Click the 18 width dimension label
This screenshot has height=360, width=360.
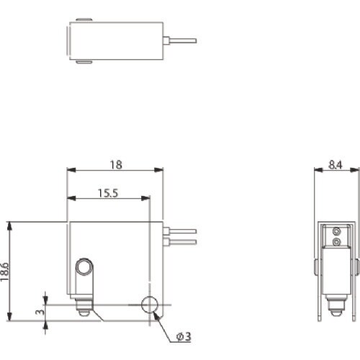pos(116,165)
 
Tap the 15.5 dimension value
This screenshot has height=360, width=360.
pos(108,193)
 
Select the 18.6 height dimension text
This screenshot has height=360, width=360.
pos(4,271)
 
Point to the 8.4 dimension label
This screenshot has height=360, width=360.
pos(336,165)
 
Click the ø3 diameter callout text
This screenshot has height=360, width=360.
pos(184,336)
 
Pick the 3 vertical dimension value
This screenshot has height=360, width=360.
pos(40,312)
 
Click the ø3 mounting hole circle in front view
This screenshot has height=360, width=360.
pos(150,305)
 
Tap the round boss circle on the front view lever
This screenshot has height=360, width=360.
pos(84,267)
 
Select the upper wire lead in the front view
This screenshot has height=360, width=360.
pos(180,231)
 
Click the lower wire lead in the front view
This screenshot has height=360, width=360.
pos(180,242)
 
